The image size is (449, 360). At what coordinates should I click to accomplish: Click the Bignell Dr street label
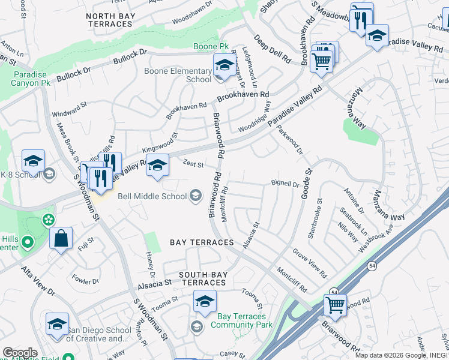click(x=285, y=184)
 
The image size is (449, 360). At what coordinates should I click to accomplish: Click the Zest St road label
click(x=194, y=164)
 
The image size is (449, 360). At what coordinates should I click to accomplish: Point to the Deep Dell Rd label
click(x=271, y=49)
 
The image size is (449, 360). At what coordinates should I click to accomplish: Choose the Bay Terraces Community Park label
click(x=241, y=320)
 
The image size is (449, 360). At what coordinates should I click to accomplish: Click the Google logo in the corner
click(x=20, y=353)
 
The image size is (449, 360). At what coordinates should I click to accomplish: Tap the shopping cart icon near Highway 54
click(x=335, y=304)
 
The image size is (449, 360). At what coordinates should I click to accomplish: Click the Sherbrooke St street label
click(x=315, y=219)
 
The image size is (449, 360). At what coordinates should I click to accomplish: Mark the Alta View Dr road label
click(x=39, y=281)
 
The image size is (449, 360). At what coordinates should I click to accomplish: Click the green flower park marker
click(x=47, y=221)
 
